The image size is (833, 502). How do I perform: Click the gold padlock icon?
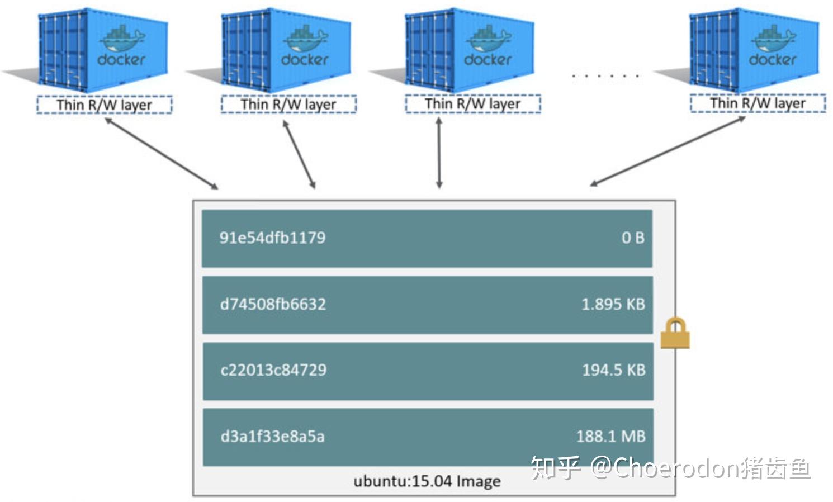point(675,334)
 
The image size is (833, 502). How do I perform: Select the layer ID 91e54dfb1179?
point(272,238)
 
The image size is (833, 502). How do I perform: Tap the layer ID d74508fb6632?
point(273,304)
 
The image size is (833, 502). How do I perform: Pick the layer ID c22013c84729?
point(273,370)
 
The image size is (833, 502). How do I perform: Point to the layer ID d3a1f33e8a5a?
point(272,436)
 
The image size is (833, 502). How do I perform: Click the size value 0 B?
point(633,238)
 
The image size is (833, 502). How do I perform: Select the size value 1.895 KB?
point(613,304)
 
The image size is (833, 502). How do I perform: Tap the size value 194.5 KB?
point(614,370)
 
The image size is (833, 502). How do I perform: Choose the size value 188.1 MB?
point(611,436)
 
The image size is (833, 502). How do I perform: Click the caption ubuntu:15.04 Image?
point(427,481)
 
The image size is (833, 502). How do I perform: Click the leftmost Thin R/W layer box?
point(105,105)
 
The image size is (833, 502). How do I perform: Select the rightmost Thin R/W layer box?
point(758,103)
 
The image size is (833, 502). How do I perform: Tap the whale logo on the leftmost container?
point(122,39)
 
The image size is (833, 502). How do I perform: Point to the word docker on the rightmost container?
point(772,59)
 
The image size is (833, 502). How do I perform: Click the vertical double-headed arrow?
point(439,152)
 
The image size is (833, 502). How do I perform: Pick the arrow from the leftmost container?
point(161,153)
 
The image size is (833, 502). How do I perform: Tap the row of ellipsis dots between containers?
point(605,75)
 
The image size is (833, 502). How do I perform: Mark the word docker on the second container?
point(305,59)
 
